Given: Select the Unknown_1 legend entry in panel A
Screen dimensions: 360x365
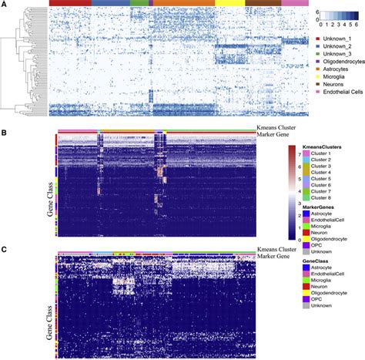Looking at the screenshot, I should click(336, 39).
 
